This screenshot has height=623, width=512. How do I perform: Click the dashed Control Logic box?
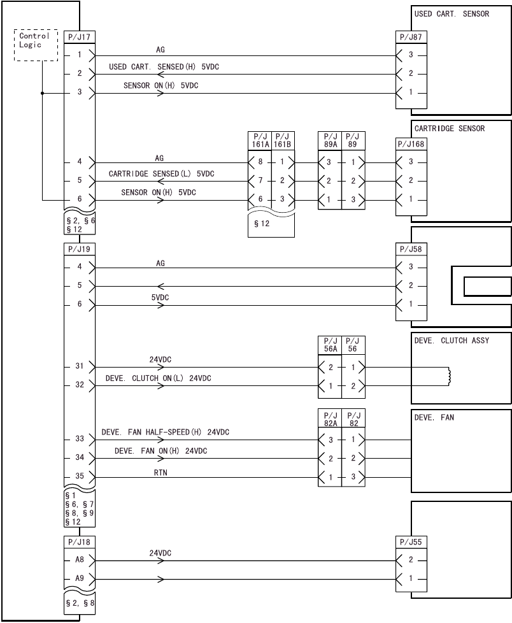[36, 45]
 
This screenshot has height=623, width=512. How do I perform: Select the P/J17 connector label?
[80, 37]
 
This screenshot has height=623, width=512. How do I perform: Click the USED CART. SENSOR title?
[452, 13]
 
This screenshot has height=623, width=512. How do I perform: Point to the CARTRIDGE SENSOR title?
[449, 129]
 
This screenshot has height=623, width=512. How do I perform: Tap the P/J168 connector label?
[411, 143]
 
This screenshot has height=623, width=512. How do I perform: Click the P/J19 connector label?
[80, 248]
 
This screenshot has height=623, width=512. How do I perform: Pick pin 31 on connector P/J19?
[80, 367]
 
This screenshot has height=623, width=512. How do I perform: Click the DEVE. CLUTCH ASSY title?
[452, 341]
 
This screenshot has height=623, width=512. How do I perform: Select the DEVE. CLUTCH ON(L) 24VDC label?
[158, 378]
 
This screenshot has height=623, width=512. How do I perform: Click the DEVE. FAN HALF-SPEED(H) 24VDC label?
[165, 432]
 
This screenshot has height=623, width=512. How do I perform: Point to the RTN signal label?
[160, 472]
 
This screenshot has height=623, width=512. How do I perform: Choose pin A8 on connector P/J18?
[80, 561]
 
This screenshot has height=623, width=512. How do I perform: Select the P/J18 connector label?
[80, 541]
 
